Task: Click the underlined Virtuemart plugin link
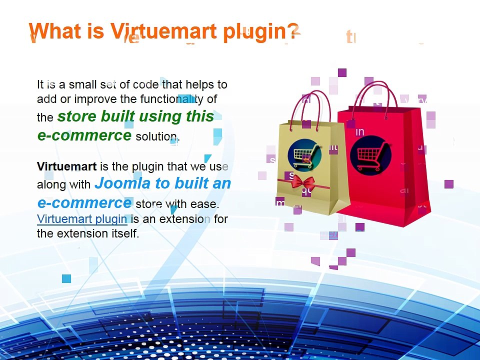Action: (x=82, y=219)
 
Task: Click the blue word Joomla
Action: (x=121, y=183)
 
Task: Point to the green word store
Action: (x=77, y=116)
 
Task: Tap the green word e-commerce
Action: (x=84, y=135)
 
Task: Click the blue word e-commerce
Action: (x=84, y=203)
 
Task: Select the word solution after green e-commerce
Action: (x=156, y=137)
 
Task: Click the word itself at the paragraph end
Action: (x=122, y=233)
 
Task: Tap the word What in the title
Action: (x=53, y=32)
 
